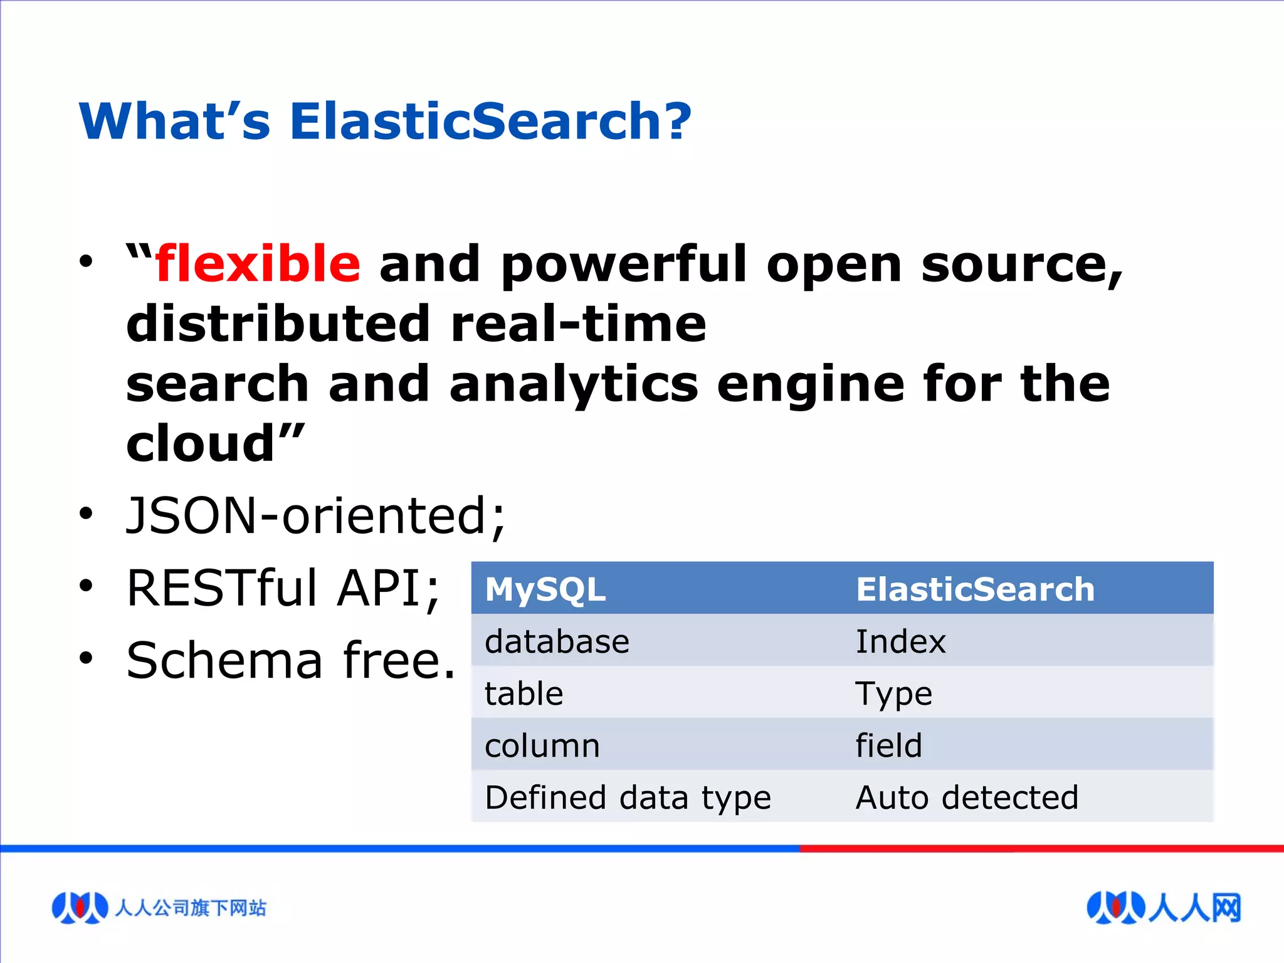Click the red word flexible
tap(258, 264)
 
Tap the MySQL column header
tap(545, 589)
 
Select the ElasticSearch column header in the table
tap(975, 589)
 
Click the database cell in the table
tap(557, 641)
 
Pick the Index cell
tap(900, 641)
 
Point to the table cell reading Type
tap(894, 694)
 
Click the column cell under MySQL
tap(542, 746)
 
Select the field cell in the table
tap(888, 746)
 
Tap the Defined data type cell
tap(628, 798)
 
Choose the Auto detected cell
tap(967, 798)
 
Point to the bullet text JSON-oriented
tap(315, 515)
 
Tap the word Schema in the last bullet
tap(224, 661)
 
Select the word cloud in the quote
tap(201, 444)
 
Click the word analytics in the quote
tap(573, 384)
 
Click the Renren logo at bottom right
tap(1163, 907)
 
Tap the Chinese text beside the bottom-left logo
tap(191, 908)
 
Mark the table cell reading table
tap(524, 694)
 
